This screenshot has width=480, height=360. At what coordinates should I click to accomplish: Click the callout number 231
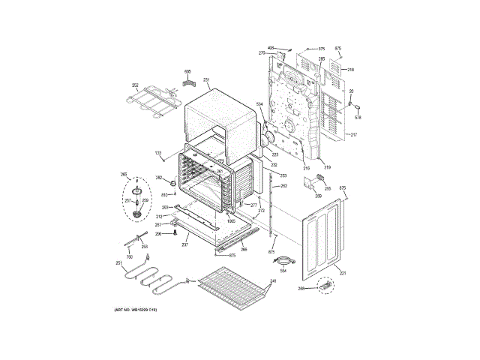coord(206,79)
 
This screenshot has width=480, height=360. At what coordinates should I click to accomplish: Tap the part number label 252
coord(136,85)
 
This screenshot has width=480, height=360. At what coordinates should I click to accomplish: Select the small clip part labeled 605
coord(188,82)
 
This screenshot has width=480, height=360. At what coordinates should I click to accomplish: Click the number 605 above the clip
coord(187,71)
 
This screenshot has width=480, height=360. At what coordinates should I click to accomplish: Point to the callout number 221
coord(343,273)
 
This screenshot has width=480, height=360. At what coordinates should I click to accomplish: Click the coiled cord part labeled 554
coord(283,261)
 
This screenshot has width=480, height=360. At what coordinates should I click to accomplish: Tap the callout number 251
coord(118,262)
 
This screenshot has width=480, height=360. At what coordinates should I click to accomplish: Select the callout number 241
coord(273,281)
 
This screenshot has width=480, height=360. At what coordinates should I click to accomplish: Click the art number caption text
coord(136,310)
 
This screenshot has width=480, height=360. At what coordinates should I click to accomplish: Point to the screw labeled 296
coord(175,233)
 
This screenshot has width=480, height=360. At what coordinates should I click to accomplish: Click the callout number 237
coord(185,245)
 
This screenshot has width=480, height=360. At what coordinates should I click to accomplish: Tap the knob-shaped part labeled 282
coord(173,182)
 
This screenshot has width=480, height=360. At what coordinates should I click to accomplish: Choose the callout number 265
coord(124,175)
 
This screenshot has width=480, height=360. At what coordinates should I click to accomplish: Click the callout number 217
coord(353,135)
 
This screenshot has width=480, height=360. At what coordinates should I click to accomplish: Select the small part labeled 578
coord(358,107)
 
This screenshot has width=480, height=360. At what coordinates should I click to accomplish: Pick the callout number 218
coord(350,70)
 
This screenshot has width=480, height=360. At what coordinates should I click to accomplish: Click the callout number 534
coord(259,103)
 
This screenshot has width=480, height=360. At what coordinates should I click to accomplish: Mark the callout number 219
coord(326,166)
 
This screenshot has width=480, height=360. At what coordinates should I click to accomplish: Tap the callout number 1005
coord(231,221)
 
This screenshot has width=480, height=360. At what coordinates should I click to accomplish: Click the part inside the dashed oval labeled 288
coord(325,286)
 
